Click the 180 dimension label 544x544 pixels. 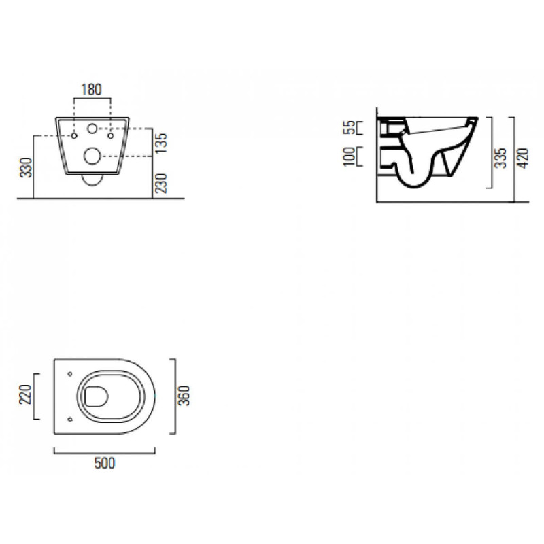click(92, 90)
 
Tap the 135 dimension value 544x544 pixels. click(161, 143)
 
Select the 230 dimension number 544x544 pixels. click(161, 183)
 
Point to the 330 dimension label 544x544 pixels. click(26, 167)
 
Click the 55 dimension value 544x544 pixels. click(350, 127)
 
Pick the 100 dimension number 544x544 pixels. click(350, 157)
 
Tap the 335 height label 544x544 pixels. click(500, 158)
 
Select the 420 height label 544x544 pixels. click(523, 158)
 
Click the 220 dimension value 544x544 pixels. click(25, 395)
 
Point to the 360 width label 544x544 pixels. click(184, 396)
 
